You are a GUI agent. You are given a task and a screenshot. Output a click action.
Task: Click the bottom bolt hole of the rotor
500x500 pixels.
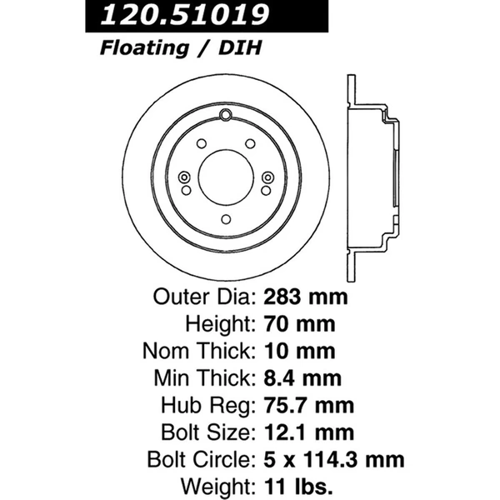click(x=226, y=219)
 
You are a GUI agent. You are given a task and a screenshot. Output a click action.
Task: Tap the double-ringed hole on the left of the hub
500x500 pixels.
click(x=184, y=177)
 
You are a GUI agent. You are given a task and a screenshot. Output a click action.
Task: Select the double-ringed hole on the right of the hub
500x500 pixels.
click(x=267, y=177)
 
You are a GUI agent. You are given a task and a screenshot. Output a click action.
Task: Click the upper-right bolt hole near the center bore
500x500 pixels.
click(x=251, y=144)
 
